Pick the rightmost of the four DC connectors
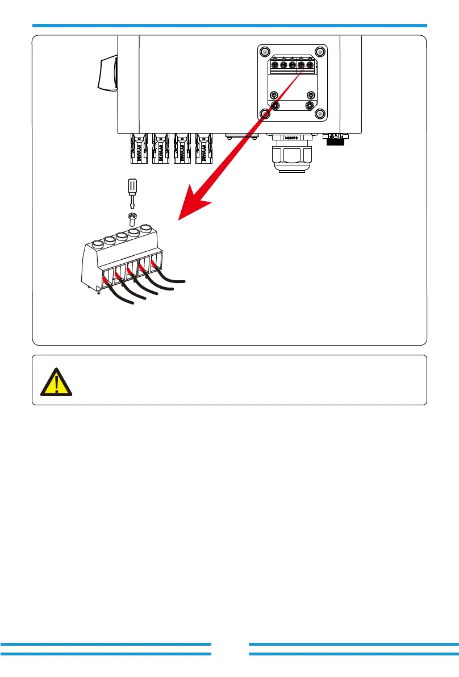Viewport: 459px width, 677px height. pos(203,149)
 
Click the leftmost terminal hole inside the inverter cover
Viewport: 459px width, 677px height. pos(276,65)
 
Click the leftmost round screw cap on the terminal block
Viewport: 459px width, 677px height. pos(97,244)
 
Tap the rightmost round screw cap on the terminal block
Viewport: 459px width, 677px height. pos(147,230)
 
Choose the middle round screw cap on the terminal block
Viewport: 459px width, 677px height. pos(122,237)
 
